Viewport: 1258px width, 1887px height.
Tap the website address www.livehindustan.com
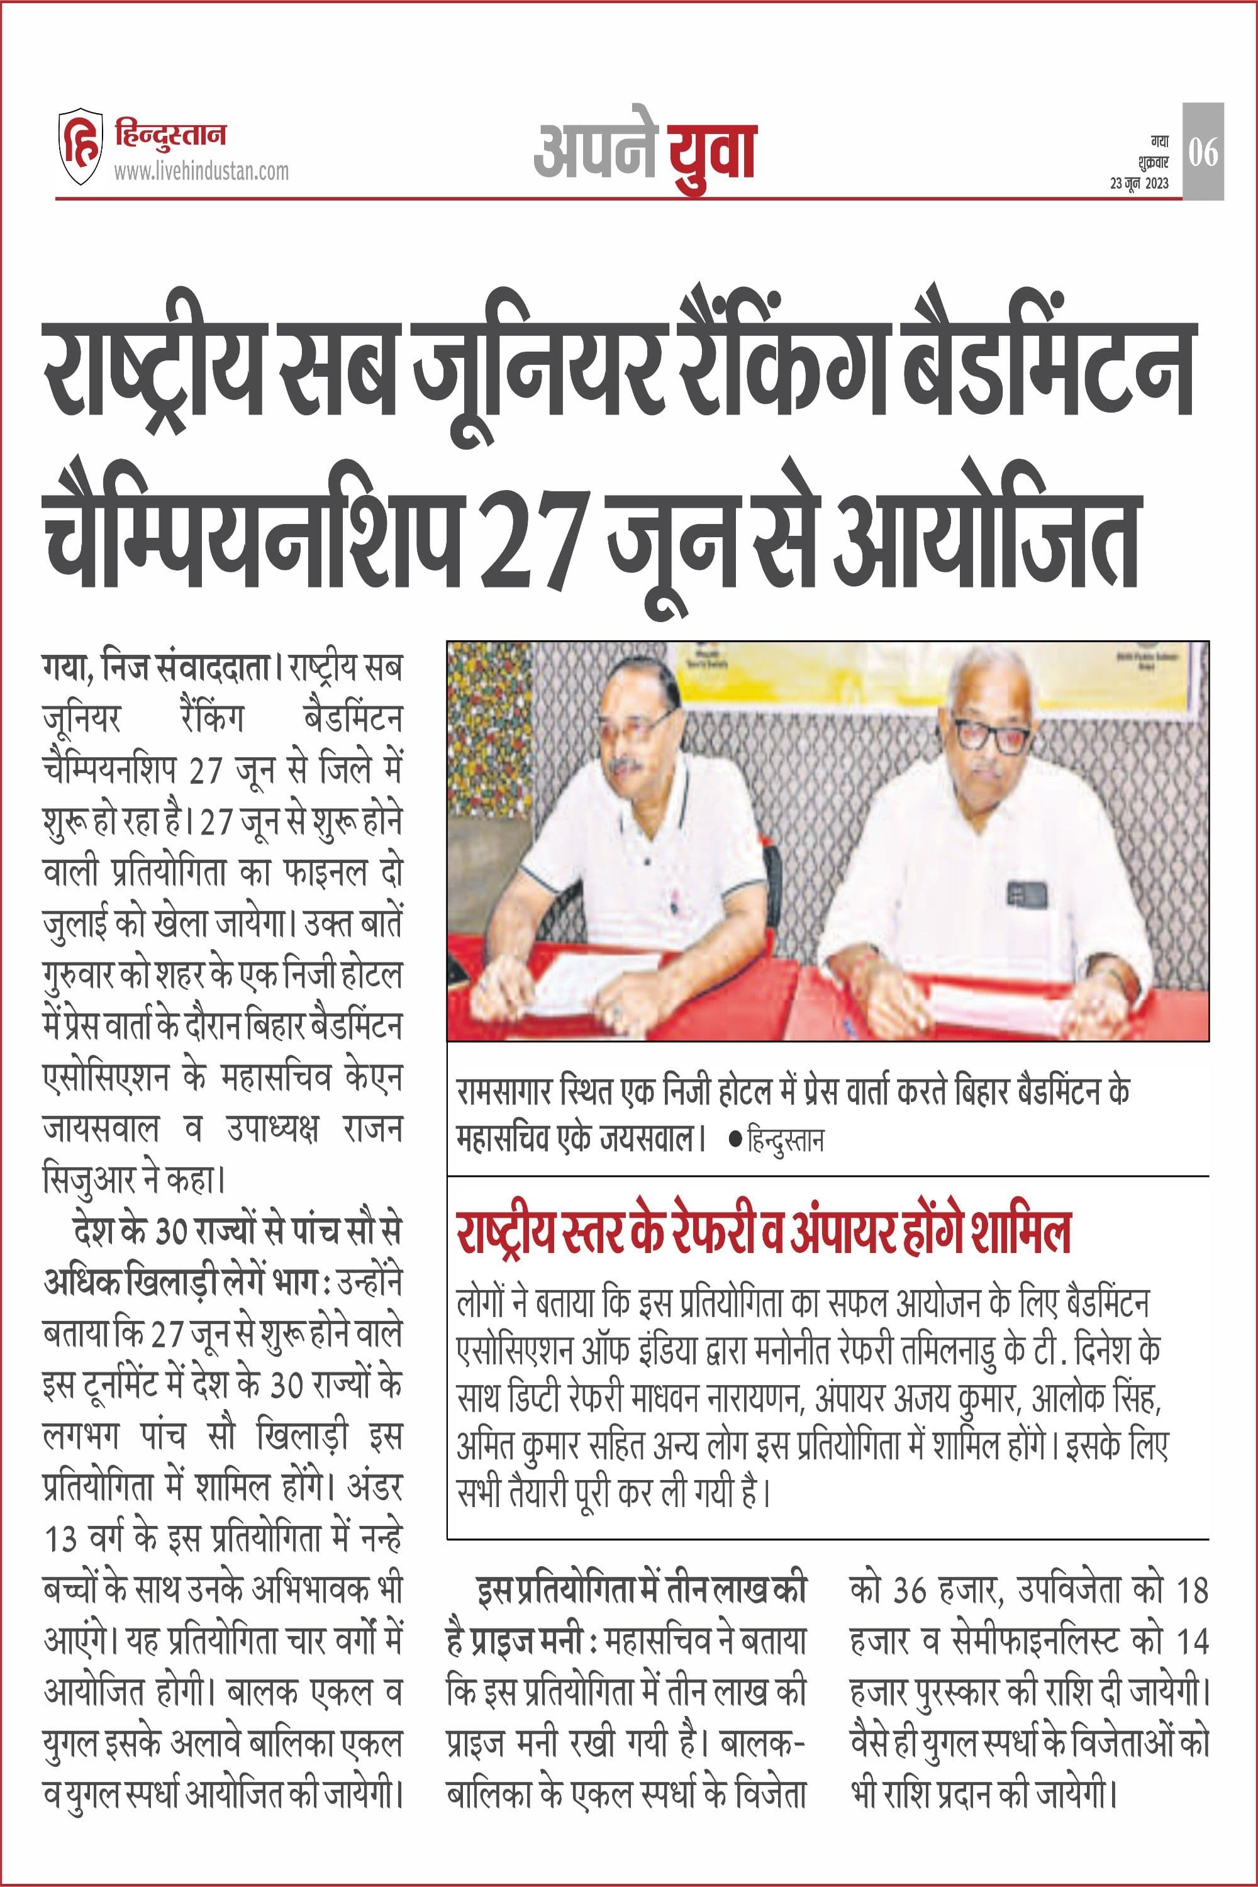[201, 171]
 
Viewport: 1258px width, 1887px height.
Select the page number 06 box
[1203, 151]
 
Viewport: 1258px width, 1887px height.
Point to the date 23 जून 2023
[1139, 184]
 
